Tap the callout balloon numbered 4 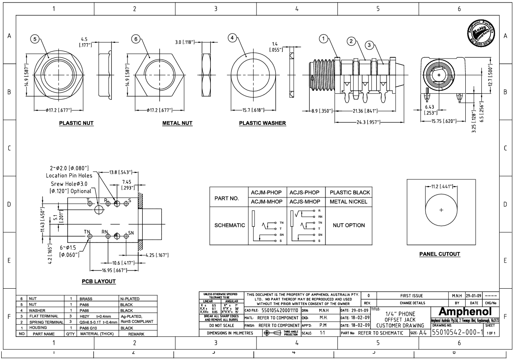click(233, 38)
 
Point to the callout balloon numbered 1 click(324, 38)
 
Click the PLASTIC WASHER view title click(262, 123)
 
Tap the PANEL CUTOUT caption click(440, 254)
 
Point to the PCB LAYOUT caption click(98, 281)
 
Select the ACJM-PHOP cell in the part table click(266, 193)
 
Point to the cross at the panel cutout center click(441, 210)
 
